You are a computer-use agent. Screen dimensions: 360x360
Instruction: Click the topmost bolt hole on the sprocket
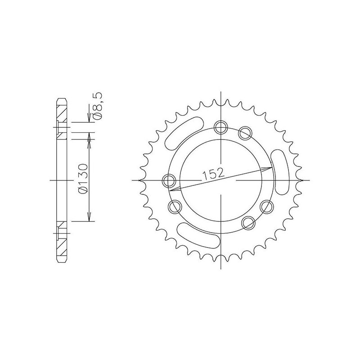(x=220, y=127)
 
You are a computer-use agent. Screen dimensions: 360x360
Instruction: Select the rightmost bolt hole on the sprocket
(x=267, y=207)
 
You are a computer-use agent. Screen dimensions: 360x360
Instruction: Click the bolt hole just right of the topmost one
(x=244, y=132)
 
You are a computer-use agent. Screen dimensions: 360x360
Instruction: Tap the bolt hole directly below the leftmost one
(x=174, y=207)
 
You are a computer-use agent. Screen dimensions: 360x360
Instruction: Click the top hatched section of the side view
(x=62, y=110)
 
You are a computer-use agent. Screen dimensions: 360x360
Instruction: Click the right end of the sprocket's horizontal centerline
(x=309, y=180)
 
